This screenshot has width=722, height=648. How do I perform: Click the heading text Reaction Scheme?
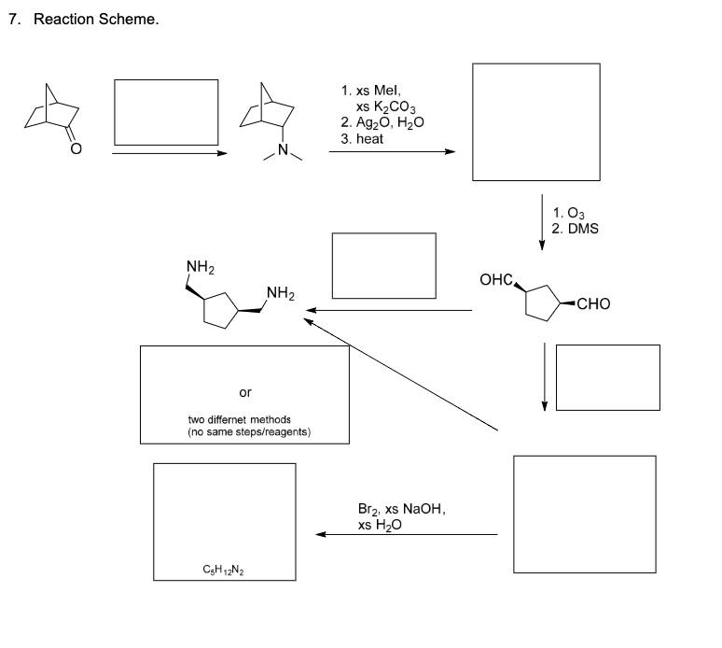[x=96, y=21]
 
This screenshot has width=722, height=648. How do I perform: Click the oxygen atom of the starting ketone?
[x=76, y=148]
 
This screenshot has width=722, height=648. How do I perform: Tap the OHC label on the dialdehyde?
[x=494, y=280]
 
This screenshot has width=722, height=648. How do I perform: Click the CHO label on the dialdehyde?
[x=593, y=303]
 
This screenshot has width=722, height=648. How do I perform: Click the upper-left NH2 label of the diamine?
[x=201, y=268]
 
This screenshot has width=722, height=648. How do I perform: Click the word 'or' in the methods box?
[x=245, y=391]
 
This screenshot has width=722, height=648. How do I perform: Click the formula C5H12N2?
[x=225, y=569]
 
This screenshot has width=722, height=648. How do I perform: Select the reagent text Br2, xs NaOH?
[x=402, y=510]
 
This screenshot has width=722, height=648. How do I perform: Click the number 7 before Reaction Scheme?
[x=14, y=21]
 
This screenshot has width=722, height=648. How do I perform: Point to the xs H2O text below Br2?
[x=382, y=526]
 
